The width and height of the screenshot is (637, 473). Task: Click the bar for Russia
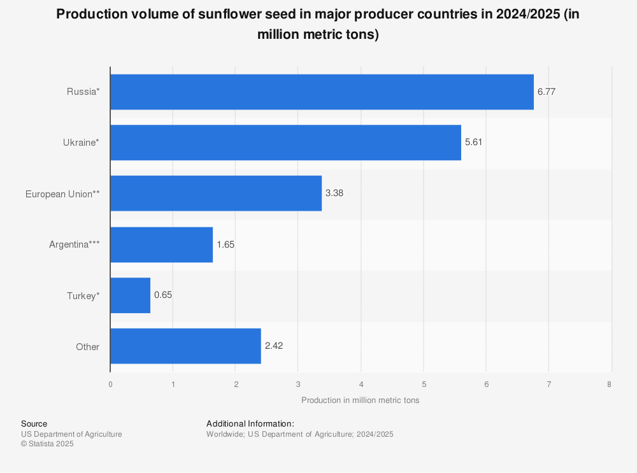322,92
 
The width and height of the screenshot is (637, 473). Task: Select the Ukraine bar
285,143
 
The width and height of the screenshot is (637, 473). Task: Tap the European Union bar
216,194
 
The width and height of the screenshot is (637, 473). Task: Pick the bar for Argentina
161,244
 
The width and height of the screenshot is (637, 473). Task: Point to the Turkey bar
130,295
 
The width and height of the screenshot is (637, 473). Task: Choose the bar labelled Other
185,346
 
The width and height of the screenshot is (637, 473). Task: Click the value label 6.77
547,92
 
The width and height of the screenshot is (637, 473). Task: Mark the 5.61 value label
474,143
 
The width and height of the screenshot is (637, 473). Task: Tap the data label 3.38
334,194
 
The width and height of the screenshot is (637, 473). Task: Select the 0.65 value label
163,295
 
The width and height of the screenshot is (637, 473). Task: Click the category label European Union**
62,194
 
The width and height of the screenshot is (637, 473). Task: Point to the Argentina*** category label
75,244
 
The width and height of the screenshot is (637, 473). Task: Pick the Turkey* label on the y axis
83,295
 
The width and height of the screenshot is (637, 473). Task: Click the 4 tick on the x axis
361,384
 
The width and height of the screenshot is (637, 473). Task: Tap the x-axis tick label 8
609,384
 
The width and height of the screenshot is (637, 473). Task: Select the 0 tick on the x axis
110,384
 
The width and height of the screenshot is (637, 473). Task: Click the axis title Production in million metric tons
361,400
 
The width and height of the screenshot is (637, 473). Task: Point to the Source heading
34,424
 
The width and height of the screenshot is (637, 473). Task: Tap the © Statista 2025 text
47,444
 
